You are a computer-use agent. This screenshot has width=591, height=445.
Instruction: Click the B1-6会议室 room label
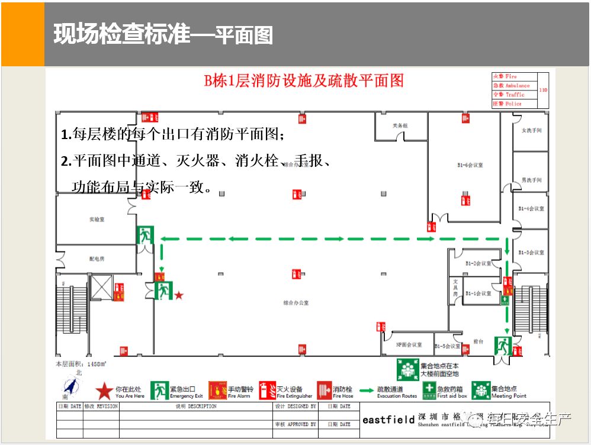click(470, 165)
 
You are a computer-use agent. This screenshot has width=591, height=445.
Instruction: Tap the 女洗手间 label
click(531, 130)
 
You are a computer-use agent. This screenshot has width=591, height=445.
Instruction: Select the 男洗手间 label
click(531, 180)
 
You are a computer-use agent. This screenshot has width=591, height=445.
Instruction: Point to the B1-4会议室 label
click(531, 209)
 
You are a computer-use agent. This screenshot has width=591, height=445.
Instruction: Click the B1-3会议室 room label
click(531, 253)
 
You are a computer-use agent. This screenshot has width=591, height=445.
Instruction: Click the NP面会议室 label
click(409, 344)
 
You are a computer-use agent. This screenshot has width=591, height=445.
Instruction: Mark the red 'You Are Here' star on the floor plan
click(179, 295)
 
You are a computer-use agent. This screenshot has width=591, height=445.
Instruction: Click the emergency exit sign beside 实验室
click(145, 235)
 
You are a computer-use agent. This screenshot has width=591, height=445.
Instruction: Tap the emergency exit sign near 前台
click(503, 344)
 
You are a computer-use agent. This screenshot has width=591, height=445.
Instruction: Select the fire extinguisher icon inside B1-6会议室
click(467, 198)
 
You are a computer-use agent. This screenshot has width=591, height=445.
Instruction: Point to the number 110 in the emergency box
click(543, 90)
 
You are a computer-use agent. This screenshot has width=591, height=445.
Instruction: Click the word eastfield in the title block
click(388, 420)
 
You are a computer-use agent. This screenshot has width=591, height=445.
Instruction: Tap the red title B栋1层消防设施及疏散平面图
click(304, 81)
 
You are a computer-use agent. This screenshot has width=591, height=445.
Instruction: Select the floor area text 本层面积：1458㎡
click(81, 364)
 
